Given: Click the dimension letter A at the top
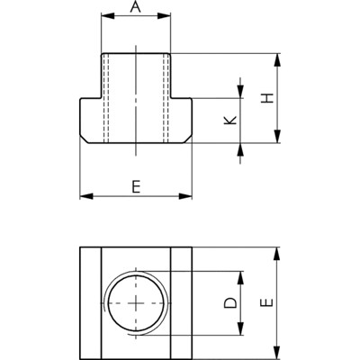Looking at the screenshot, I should click(136, 7).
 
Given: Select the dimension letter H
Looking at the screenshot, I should click(267, 98).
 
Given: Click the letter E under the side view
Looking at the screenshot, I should click(136, 186).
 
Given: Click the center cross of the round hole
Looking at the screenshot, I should click(136, 303).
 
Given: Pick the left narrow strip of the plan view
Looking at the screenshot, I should click(90, 303).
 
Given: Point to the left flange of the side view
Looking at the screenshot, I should click(92, 119).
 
